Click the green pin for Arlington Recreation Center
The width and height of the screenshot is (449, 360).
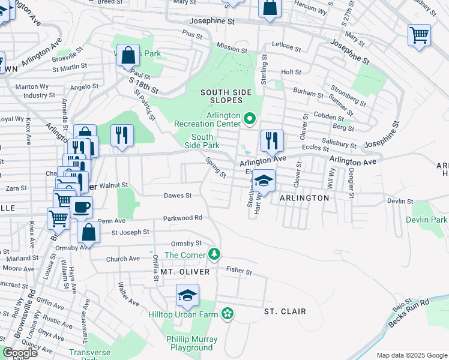[250, 118]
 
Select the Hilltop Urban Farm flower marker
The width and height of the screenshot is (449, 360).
[228, 313]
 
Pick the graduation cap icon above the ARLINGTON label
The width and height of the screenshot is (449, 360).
[263, 179]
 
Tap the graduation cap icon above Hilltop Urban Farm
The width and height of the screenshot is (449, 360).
[187, 295]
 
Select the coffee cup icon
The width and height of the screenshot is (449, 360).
[82, 207]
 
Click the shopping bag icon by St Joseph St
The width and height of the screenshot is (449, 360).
[88, 232]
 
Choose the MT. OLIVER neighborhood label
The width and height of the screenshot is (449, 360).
[185, 272]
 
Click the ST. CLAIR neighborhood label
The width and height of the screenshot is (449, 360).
[285, 311]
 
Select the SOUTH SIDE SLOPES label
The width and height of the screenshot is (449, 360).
[226, 96]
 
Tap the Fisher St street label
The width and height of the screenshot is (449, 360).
[238, 271]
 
